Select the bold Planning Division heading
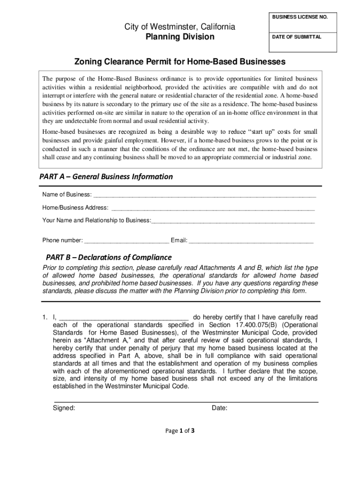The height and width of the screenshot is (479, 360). (x=180, y=37)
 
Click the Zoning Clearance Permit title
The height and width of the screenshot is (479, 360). (x=180, y=62)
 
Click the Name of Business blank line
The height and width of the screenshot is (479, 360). (x=204, y=195)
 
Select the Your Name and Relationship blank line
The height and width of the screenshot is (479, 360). (x=233, y=220)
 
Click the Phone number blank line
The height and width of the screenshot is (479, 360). (x=126, y=240)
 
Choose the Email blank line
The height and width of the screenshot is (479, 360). (x=251, y=240)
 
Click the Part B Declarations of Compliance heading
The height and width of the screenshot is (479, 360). (x=109, y=257)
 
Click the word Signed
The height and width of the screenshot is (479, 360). (x=65, y=408)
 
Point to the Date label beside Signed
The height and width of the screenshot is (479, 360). (x=219, y=408)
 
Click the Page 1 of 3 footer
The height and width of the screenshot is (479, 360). (x=180, y=431)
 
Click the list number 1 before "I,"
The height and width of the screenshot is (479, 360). (x=44, y=317)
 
